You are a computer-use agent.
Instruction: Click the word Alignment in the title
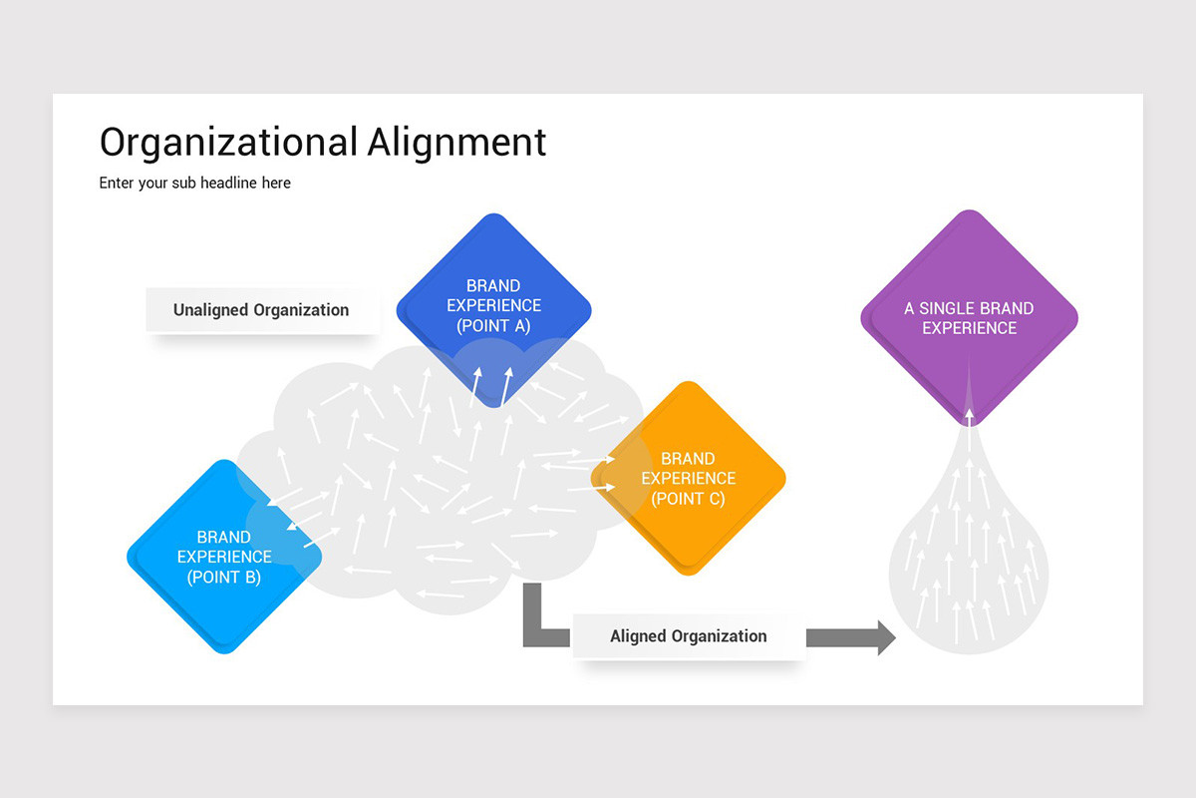(456, 142)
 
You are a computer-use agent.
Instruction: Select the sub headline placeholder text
(194, 184)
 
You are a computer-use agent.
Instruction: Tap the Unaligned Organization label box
(261, 310)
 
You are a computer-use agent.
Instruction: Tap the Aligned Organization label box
(688, 636)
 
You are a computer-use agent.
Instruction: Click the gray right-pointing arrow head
(885, 637)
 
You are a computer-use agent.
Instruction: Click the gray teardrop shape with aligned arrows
(969, 579)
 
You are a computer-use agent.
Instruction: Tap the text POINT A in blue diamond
(493, 326)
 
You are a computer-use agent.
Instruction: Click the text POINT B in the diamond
(224, 577)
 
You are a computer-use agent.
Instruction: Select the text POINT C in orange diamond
(688, 499)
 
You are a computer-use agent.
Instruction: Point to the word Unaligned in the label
(211, 310)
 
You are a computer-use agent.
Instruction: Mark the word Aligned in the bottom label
(638, 636)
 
